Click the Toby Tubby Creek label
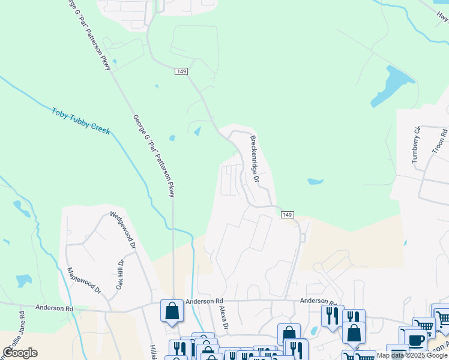[80, 120]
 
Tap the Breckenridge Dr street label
[254, 158]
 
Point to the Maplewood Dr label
[85, 280]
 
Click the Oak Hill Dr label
[119, 275]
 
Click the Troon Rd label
[440, 140]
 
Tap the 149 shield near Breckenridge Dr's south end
[288, 215]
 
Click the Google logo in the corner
[20, 353]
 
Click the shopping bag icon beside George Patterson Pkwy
[172, 311]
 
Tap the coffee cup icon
[415, 339]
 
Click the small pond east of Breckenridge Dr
[315, 181]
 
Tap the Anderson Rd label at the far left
[54, 308]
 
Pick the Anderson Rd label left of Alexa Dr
[204, 301]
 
